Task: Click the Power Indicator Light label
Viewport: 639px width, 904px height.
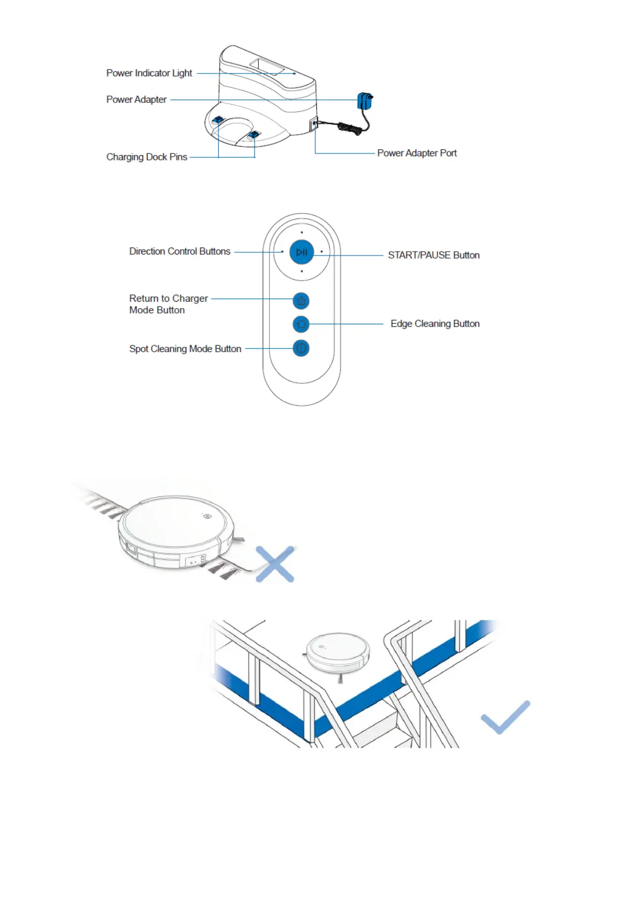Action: click(x=149, y=73)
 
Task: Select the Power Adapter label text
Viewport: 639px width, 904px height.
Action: click(x=136, y=99)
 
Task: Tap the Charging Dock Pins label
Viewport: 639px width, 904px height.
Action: click(x=147, y=157)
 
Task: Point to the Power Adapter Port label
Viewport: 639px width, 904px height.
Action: click(x=417, y=153)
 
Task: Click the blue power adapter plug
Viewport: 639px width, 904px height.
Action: click(x=365, y=101)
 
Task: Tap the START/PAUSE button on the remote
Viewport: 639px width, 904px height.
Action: click(x=302, y=252)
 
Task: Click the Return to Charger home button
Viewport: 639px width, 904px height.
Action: click(x=301, y=301)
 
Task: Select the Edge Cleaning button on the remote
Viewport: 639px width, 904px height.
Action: click(x=301, y=324)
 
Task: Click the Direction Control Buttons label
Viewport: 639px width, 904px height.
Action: click(x=179, y=251)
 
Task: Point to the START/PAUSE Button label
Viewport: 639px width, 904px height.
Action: click(x=433, y=255)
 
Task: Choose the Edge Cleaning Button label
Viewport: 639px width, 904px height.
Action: click(x=435, y=324)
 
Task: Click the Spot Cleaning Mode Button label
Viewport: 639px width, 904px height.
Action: click(x=185, y=349)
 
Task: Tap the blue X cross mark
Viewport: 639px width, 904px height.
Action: click(x=275, y=564)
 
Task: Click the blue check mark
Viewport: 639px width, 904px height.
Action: click(x=505, y=717)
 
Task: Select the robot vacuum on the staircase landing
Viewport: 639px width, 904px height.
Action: click(x=338, y=652)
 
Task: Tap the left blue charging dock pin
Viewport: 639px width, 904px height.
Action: click(x=219, y=121)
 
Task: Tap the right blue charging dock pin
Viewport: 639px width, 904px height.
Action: click(x=253, y=135)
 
